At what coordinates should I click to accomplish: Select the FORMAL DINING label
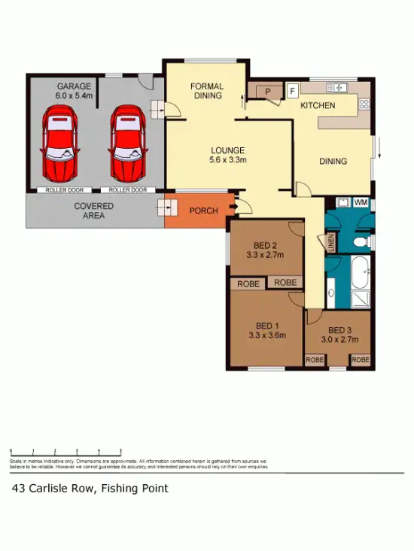[x=206, y=90]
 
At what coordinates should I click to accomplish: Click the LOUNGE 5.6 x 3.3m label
[x=227, y=155]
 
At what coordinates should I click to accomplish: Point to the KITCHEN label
[x=318, y=105]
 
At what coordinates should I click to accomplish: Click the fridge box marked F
[x=292, y=91]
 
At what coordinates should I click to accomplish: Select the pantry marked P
[x=267, y=92]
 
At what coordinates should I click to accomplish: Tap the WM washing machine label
[x=361, y=202]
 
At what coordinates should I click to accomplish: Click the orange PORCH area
[x=202, y=211]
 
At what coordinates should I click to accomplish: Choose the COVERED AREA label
[x=94, y=210]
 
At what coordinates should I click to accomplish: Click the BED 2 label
[x=266, y=250]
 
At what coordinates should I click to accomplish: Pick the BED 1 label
[x=266, y=331]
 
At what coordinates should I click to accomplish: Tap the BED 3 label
[x=339, y=335]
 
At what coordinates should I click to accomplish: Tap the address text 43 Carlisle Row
[x=90, y=489]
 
